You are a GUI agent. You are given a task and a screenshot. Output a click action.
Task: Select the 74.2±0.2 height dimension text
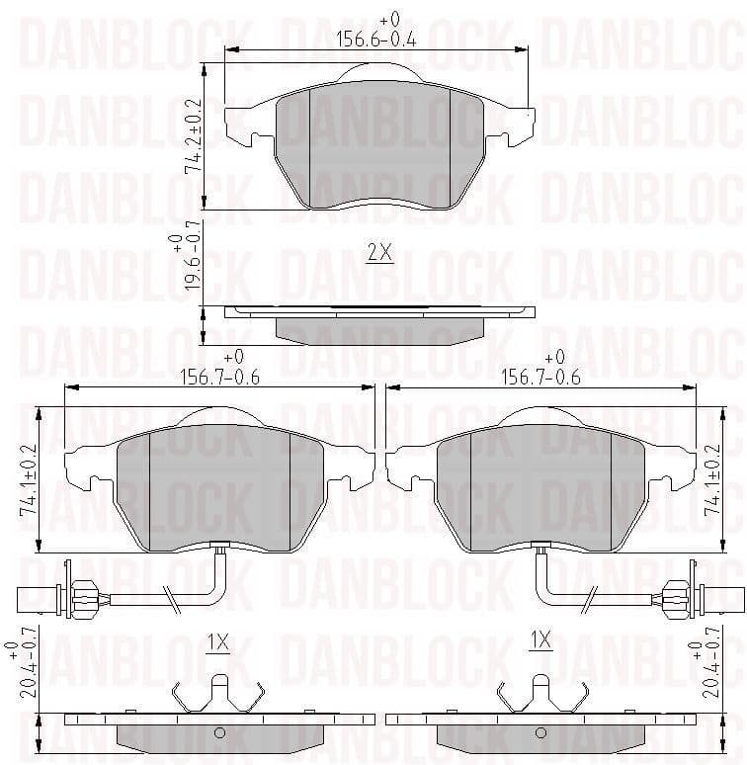pos(193,136)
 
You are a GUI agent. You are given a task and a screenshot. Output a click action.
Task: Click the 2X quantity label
pos(379,253)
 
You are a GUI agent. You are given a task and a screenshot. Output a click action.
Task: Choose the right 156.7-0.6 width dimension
pos(540,376)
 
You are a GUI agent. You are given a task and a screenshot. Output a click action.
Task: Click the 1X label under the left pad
pos(217,642)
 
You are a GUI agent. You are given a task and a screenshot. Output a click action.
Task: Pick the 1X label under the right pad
pos(539,642)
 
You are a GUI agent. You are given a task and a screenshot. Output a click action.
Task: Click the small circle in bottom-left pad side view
pos(220,733)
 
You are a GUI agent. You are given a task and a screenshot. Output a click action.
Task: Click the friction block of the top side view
pos(379,330)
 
